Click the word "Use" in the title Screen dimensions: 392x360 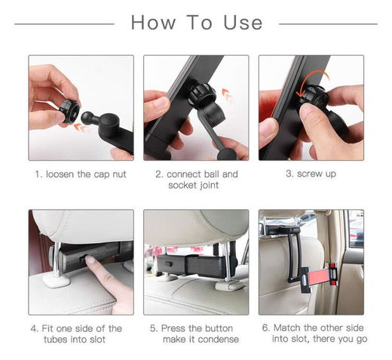tap(243, 23)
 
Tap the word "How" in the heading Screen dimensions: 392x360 tap(153, 23)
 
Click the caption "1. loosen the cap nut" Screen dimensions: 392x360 tap(81, 174)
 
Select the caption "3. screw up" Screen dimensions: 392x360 tap(311, 174)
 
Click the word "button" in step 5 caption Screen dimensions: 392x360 tap(219, 328)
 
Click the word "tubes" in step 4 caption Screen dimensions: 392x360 tap(56, 340)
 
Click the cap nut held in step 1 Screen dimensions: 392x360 tap(69, 111)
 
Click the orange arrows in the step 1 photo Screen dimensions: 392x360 tap(81, 128)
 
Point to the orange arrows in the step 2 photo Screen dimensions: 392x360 tap(227, 94)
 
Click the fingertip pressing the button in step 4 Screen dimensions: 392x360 tap(90, 260)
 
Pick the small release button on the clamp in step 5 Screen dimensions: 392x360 tap(168, 264)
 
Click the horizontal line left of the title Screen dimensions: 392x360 tap(64, 24)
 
